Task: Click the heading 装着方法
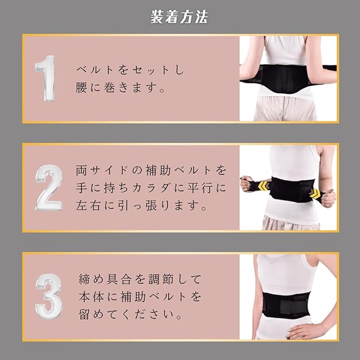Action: pos(179,17)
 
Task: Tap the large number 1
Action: pos(46,78)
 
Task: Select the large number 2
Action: pos(49,187)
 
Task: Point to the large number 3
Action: pos(49,296)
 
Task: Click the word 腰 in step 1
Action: pos(81,87)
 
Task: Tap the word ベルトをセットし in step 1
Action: pos(130,70)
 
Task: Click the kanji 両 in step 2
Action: pos(82,170)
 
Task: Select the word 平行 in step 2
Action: pos(200,188)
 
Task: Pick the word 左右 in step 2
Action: pos(88,205)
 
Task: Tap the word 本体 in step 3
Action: pos(91,296)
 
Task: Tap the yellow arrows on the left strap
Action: pos(264,186)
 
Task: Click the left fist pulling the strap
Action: pos(247,183)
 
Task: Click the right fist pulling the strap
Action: pos(328,198)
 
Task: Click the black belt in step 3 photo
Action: pos(286,305)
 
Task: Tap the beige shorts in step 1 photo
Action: pos(285,109)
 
